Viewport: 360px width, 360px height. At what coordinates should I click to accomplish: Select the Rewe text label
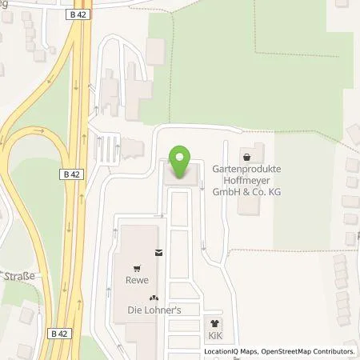click(x=139, y=281)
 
